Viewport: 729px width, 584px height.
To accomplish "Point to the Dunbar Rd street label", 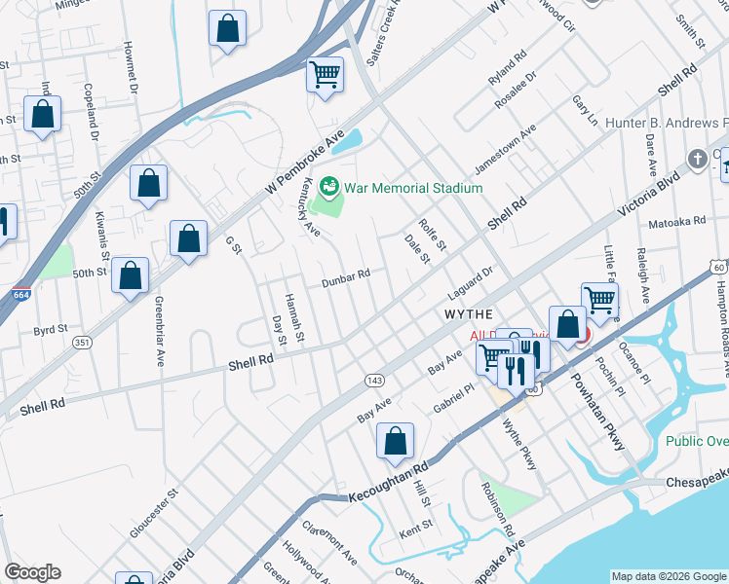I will (347, 278).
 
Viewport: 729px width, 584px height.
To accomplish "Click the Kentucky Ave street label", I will (311, 208).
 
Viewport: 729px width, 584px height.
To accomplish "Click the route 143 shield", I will (374, 379).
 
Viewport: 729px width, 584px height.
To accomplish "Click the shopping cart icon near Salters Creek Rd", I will (325, 74).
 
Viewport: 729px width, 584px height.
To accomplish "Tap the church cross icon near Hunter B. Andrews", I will (697, 159).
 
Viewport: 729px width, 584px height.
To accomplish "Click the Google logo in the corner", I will (32, 571).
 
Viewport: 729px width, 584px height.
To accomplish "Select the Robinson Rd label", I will (496, 509).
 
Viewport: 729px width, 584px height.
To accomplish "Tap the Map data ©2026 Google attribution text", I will (668, 575).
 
